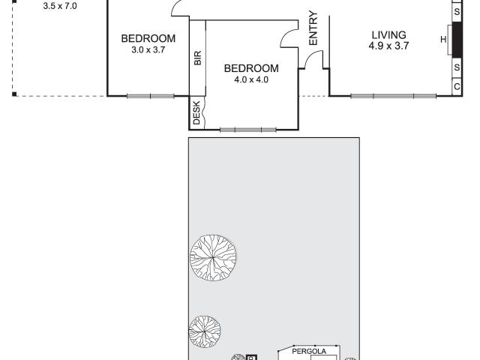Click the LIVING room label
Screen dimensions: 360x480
[388, 35]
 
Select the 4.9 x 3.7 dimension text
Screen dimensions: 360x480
[388, 46]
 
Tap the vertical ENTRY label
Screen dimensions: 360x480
[313, 28]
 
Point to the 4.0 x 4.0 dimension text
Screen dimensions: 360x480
[251, 79]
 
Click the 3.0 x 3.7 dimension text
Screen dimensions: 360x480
[148, 50]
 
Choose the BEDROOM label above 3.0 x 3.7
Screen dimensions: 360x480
[148, 39]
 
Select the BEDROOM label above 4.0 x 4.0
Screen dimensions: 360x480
[251, 67]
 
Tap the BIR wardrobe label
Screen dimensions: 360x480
[198, 58]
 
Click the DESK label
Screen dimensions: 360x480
[197, 113]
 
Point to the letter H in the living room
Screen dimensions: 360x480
[444, 40]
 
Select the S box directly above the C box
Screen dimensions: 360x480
[457, 67]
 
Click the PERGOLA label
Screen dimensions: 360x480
[308, 350]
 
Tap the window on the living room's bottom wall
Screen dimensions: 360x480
[393, 95]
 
